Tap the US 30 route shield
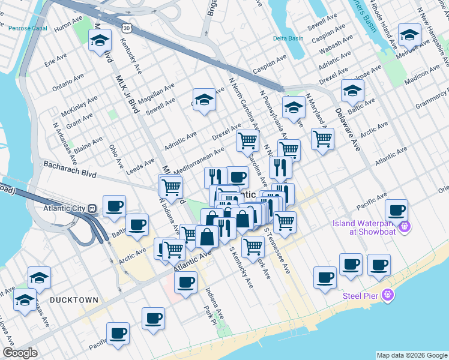click(125, 28)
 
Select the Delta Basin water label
click(288, 38)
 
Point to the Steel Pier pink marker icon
click(388, 295)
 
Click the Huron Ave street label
click(67, 27)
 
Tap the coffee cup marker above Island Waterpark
click(396, 210)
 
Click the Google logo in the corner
click(20, 353)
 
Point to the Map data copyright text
click(412, 355)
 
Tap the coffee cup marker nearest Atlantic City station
click(113, 206)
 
